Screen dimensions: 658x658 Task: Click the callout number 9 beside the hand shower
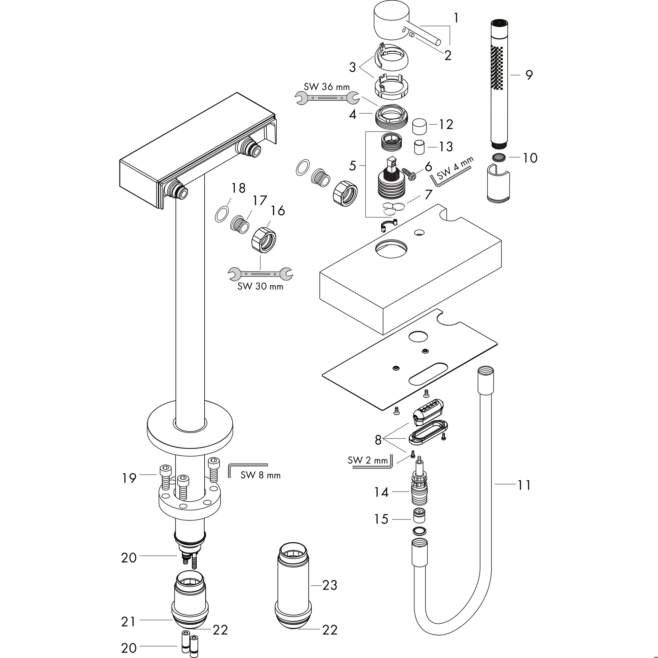529,75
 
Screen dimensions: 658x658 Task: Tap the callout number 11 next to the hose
524,485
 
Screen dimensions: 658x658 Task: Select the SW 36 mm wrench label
327,87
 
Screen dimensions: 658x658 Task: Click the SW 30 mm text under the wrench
260,286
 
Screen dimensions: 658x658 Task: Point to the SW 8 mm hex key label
261,475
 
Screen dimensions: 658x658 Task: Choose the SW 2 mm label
368,460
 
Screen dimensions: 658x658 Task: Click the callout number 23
329,585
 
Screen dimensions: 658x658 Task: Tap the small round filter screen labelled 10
499,157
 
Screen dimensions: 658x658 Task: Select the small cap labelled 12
420,127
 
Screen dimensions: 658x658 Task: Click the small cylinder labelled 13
419,147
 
